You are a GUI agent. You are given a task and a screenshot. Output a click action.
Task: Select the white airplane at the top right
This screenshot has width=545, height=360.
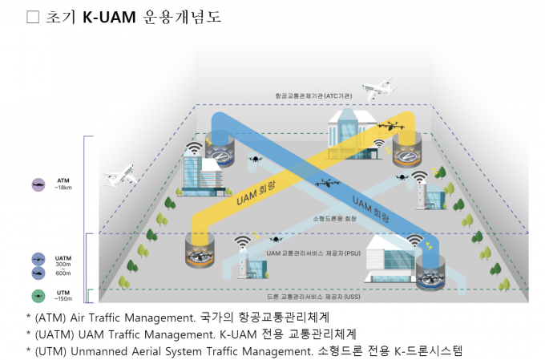coord(378,89)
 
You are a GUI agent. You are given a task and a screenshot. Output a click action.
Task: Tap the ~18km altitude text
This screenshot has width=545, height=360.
coord(63,188)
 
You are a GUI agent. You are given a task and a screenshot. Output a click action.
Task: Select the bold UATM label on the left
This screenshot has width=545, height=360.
coord(63,257)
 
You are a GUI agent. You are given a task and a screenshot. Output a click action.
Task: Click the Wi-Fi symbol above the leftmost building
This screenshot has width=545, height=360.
coord(194,148)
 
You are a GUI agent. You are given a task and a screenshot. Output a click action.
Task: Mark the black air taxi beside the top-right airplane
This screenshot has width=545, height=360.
coord(392,125)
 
